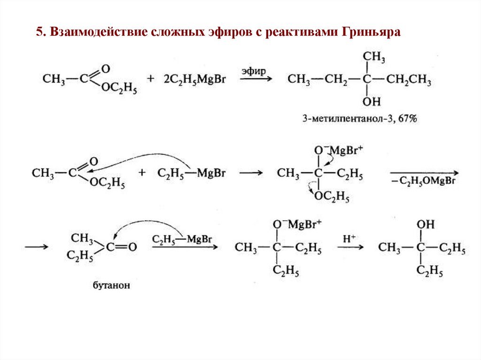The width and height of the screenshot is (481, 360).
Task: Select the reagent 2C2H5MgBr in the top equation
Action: tap(194, 80)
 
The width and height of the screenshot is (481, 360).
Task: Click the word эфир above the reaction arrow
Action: tap(254, 71)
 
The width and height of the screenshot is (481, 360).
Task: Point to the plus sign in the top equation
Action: tap(150, 80)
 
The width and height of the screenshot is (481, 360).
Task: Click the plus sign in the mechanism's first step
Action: tap(142, 174)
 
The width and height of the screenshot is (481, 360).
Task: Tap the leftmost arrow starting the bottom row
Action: tap(36, 247)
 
